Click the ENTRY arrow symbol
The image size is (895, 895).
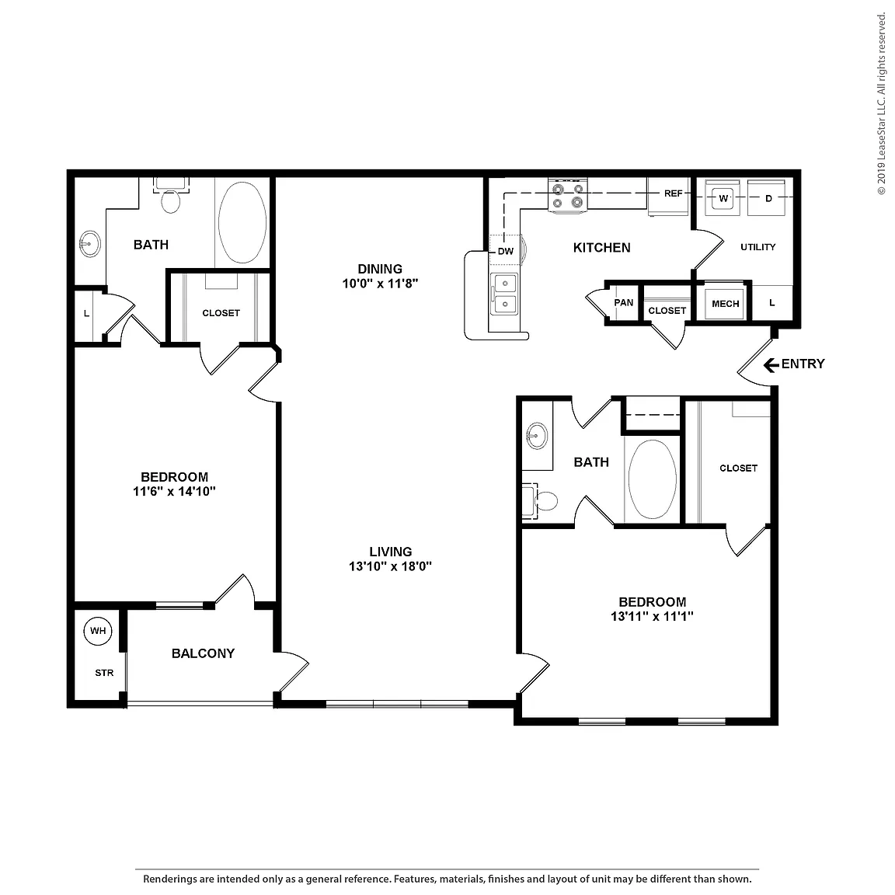click(771, 364)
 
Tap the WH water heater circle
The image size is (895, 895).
click(98, 631)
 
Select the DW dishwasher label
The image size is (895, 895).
click(506, 251)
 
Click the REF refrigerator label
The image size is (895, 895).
click(673, 193)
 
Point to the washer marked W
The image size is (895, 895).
click(723, 198)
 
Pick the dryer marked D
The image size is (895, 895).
click(767, 198)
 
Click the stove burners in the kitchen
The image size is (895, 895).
click(568, 196)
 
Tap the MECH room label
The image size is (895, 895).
click(726, 304)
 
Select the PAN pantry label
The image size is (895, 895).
click(624, 302)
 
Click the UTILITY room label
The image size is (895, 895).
click(758, 247)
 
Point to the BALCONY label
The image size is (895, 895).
click(204, 653)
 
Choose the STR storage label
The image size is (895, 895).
click(104, 673)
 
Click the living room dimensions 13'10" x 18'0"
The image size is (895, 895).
click(391, 566)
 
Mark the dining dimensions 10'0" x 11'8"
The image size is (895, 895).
click(380, 283)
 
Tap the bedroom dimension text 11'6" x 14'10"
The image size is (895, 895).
click(174, 491)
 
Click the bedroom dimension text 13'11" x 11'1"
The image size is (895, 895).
click(652, 616)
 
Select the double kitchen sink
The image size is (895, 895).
click(505, 294)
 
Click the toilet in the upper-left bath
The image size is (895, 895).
click(171, 195)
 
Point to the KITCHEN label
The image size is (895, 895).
click(601, 248)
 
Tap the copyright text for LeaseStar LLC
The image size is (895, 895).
click(881, 103)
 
